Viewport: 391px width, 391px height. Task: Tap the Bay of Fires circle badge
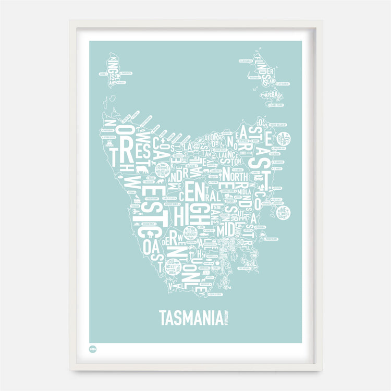(284, 139)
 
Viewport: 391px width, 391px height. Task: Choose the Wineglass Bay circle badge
(284, 213)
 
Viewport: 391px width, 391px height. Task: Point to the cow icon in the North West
(141, 170)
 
